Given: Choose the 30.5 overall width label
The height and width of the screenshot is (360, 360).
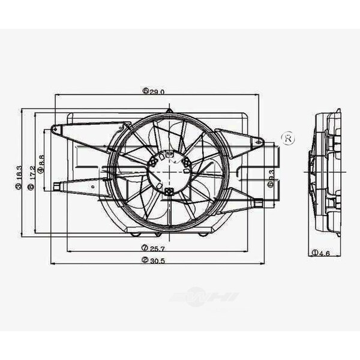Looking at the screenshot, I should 154,260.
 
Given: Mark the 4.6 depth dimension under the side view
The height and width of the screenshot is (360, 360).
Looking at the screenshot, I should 322,253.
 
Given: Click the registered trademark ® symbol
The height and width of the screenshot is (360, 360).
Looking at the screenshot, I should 287,139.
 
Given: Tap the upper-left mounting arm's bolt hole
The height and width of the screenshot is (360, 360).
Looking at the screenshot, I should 55,129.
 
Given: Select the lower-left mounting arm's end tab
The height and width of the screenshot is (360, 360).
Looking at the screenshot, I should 56,187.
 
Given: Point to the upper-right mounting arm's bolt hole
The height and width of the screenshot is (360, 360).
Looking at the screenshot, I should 260,142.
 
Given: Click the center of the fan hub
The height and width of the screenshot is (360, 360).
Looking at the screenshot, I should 169,170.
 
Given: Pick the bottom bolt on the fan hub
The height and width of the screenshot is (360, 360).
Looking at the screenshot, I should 170,191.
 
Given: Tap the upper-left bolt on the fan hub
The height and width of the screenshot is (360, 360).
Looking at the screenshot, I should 155,160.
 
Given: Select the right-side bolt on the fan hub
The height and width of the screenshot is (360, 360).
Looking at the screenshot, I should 187,164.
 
